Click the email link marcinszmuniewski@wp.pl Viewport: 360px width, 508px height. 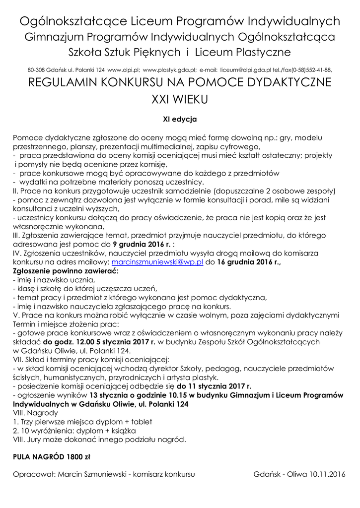(157, 262)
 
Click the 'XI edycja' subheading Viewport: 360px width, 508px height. (180, 119)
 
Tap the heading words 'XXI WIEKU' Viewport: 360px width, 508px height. (180, 99)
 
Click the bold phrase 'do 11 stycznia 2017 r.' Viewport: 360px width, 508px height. (214, 386)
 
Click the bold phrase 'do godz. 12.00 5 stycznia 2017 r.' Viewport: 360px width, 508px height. (99, 342)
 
